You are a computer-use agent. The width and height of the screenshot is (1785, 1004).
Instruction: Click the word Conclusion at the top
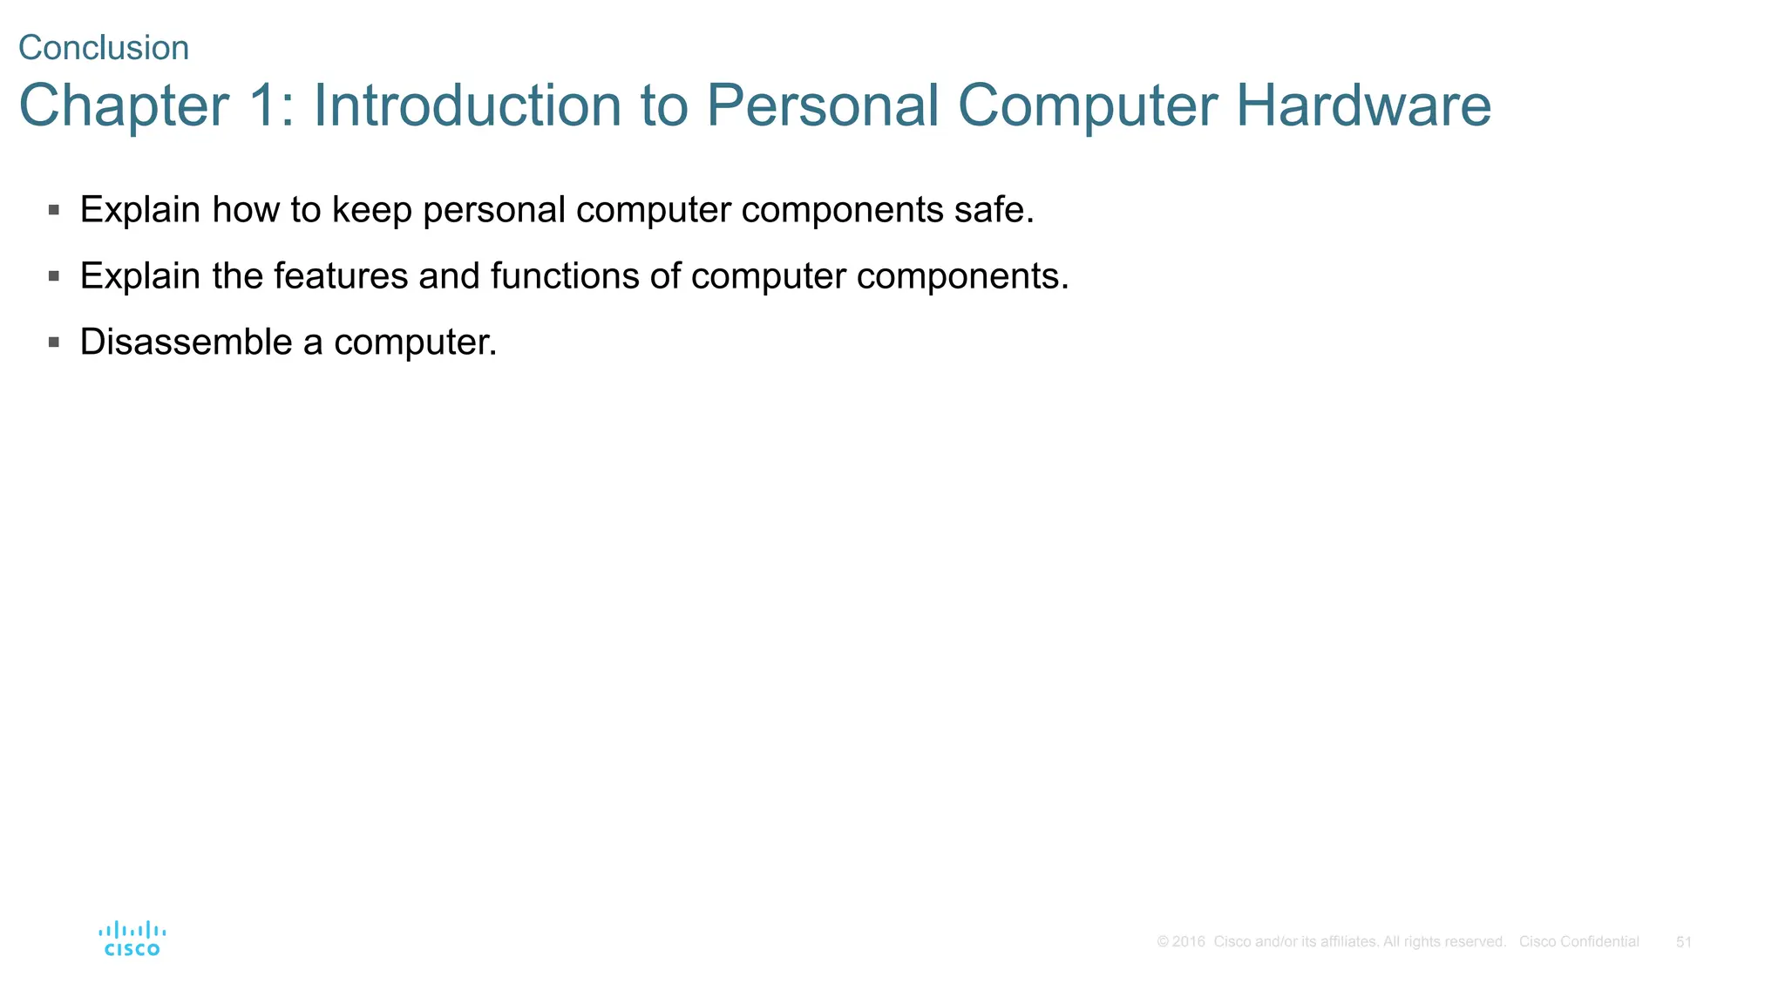click(x=104, y=48)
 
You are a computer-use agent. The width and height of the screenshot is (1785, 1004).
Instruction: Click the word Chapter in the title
click(x=124, y=105)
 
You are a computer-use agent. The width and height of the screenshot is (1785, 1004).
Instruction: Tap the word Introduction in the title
click(x=467, y=105)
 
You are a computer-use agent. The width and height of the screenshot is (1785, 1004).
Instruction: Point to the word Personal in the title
click(x=822, y=105)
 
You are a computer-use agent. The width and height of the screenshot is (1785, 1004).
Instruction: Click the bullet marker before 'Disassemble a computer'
click(x=54, y=343)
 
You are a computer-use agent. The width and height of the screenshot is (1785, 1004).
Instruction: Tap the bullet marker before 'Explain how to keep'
click(x=54, y=210)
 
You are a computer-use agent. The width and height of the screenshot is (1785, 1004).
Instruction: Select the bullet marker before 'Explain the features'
click(x=54, y=276)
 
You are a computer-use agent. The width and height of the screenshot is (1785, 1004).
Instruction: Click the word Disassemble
click(x=186, y=342)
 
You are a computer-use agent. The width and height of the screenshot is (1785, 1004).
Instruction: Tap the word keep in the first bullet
click(x=372, y=210)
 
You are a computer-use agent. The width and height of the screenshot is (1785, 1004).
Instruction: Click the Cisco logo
click(x=132, y=939)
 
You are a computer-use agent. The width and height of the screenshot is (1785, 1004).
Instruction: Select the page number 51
click(x=1684, y=942)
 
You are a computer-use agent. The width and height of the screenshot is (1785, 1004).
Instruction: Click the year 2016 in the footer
click(x=1188, y=942)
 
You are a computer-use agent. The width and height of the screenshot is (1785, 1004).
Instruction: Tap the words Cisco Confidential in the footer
click(x=1578, y=942)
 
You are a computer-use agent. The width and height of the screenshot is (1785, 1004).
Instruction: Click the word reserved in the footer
click(x=1476, y=942)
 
